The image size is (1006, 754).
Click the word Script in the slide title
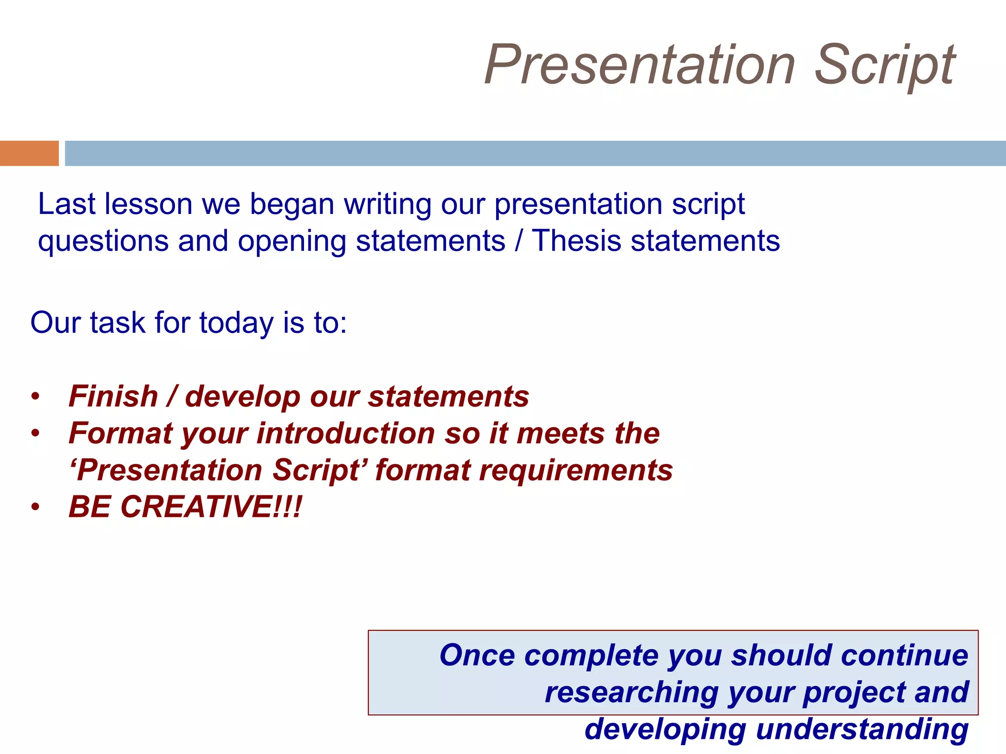(885, 65)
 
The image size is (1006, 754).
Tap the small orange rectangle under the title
(29, 153)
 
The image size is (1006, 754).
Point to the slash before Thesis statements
(519, 241)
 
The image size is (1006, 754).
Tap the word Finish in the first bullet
(113, 396)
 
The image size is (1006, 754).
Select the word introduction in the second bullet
(346, 433)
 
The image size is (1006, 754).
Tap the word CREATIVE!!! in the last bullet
(211, 507)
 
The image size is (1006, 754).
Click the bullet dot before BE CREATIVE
(35, 507)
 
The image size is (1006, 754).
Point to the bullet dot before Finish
(35, 397)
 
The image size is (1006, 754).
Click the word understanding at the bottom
(862, 729)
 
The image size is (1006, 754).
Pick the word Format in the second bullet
(120, 433)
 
